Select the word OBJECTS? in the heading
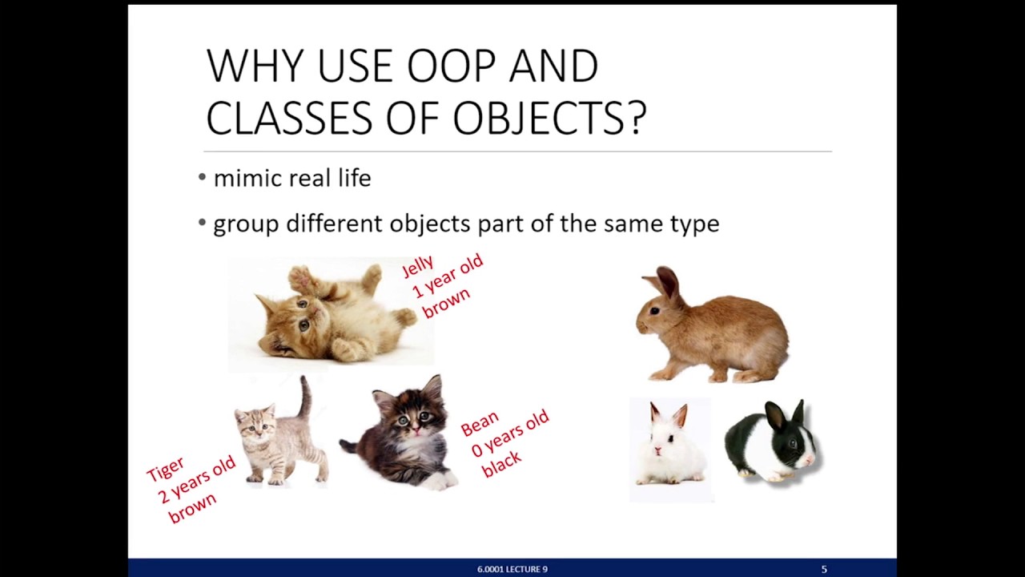click(x=549, y=118)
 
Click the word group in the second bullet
click(x=246, y=224)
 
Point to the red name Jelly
click(x=418, y=266)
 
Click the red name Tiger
click(x=166, y=469)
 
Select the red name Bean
click(x=480, y=423)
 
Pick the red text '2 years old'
click(x=197, y=479)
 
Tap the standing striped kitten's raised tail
click(x=305, y=397)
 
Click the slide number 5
click(x=824, y=569)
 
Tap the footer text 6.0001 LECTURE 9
click(x=512, y=569)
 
